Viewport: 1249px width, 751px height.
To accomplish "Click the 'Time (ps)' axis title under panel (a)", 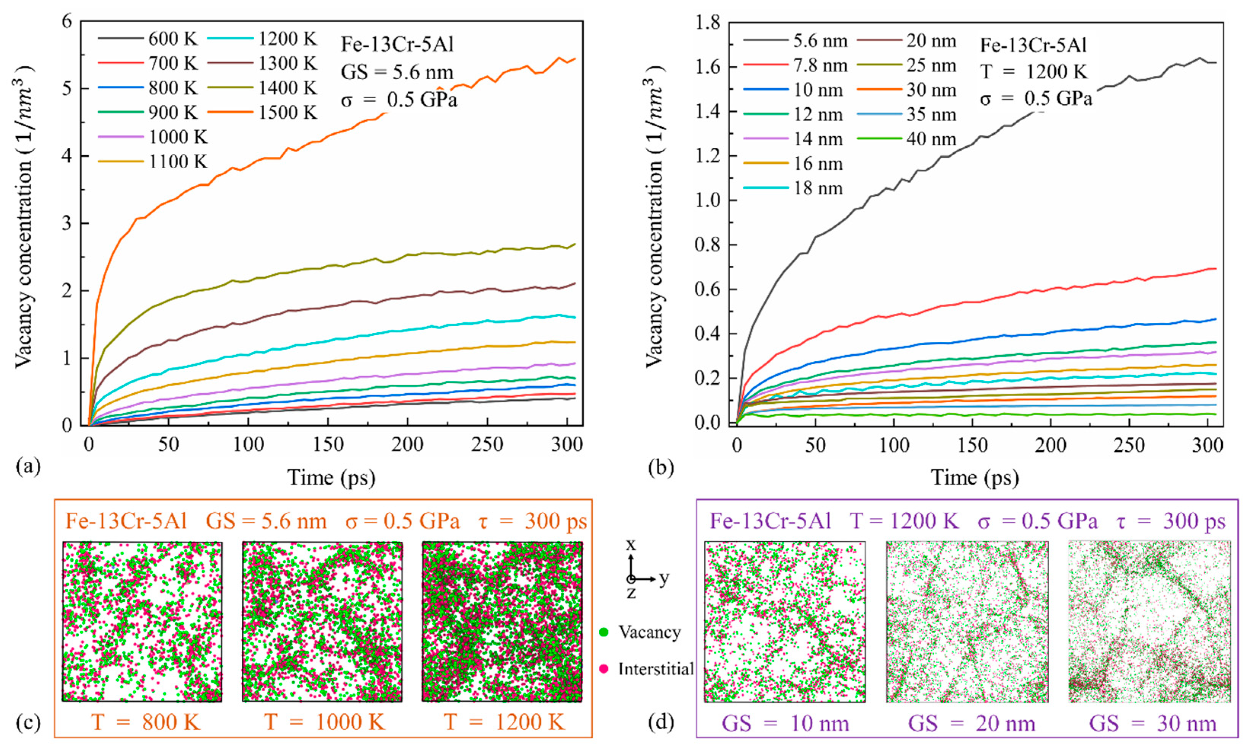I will point(332,477).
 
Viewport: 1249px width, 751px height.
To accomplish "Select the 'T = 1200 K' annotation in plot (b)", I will point(1034,72).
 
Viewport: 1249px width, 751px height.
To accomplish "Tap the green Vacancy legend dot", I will point(603,632).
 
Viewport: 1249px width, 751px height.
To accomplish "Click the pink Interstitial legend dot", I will point(603,669).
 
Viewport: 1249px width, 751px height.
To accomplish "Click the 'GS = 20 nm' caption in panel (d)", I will point(971,723).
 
